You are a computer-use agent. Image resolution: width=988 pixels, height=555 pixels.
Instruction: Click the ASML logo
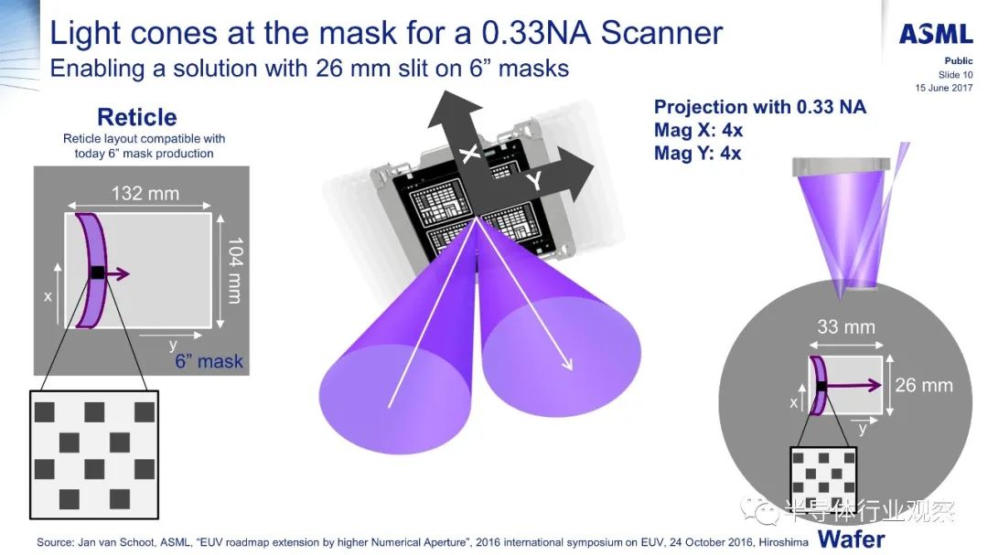click(x=936, y=34)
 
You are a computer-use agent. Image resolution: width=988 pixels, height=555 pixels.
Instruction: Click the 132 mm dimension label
click(x=145, y=194)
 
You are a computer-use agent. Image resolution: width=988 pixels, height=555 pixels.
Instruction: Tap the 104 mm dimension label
click(x=234, y=271)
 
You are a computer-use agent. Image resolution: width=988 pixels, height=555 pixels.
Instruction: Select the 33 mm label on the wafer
click(x=845, y=327)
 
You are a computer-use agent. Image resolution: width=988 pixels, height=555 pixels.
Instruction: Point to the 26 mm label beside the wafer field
click(x=924, y=385)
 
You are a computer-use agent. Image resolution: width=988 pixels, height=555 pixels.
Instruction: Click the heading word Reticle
click(x=136, y=117)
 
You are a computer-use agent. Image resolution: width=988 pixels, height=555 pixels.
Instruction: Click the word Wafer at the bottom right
click(x=852, y=539)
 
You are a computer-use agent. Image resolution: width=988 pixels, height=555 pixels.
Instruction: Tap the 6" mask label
click(x=209, y=361)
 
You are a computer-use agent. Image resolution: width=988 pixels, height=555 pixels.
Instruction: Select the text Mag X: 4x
click(x=698, y=131)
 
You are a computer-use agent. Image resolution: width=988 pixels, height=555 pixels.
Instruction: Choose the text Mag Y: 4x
click(x=697, y=153)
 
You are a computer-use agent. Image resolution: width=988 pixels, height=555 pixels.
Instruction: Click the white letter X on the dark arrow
click(x=469, y=153)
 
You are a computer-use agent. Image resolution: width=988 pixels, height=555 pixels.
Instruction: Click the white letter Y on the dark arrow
click(x=534, y=181)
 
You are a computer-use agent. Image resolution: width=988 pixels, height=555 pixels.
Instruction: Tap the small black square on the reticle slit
click(x=98, y=272)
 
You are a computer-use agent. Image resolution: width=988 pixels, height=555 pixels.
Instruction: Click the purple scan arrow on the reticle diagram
click(x=116, y=273)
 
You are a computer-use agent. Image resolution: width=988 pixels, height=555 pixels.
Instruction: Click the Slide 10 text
click(x=955, y=74)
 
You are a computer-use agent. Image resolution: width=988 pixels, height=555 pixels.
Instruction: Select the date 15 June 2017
click(x=944, y=88)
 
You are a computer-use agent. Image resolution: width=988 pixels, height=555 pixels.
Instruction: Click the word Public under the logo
click(x=959, y=60)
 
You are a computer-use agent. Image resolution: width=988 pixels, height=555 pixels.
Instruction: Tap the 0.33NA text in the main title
click(x=535, y=33)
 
